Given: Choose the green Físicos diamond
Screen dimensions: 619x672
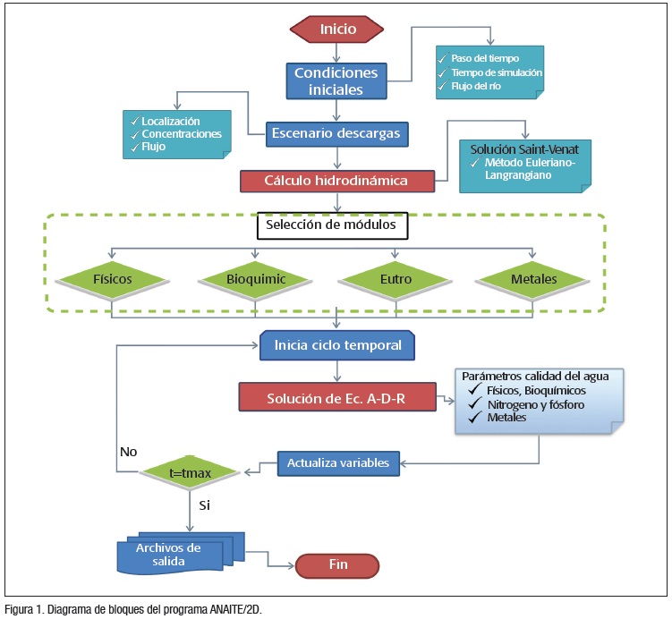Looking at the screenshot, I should (113, 280).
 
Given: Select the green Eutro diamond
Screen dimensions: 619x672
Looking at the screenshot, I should (396, 280).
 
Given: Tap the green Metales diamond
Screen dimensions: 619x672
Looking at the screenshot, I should (534, 280).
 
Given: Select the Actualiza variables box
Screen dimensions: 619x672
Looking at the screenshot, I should (338, 463).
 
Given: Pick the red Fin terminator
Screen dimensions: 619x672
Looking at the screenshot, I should (338, 566).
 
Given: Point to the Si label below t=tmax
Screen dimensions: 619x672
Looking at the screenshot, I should (204, 505).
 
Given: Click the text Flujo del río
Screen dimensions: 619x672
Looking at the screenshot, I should (472, 86).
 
